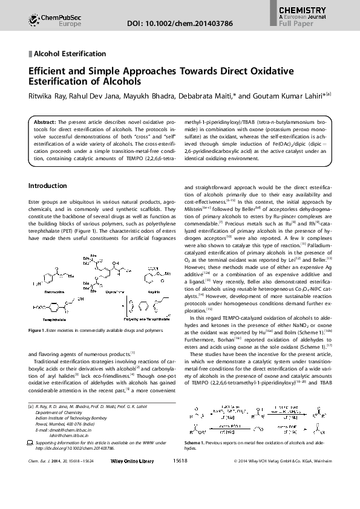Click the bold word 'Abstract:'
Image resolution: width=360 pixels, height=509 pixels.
tap(45, 121)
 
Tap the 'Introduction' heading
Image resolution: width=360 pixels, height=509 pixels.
tap(48, 186)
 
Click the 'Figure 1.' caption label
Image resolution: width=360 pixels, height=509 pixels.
tap(39, 331)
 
